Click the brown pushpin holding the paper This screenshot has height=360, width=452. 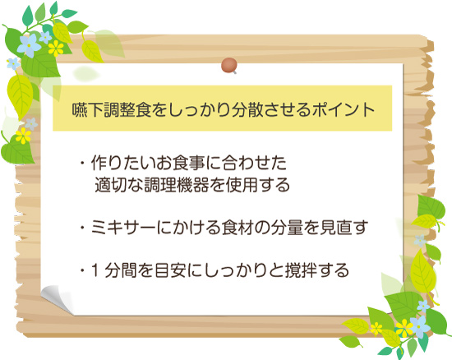pos(229,66)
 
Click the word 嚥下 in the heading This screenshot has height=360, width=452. pos(87,110)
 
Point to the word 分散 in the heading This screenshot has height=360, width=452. pos(247,110)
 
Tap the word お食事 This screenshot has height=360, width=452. pos(181,163)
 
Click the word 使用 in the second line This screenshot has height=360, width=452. pos(242,185)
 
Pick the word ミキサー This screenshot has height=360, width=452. pos(123,228)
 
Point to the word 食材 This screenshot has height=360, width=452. pos(238,228)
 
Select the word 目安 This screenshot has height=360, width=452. pos(171,270)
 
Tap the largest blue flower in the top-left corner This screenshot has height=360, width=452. pos(29,45)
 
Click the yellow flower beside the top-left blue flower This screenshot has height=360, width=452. pos(56,48)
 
